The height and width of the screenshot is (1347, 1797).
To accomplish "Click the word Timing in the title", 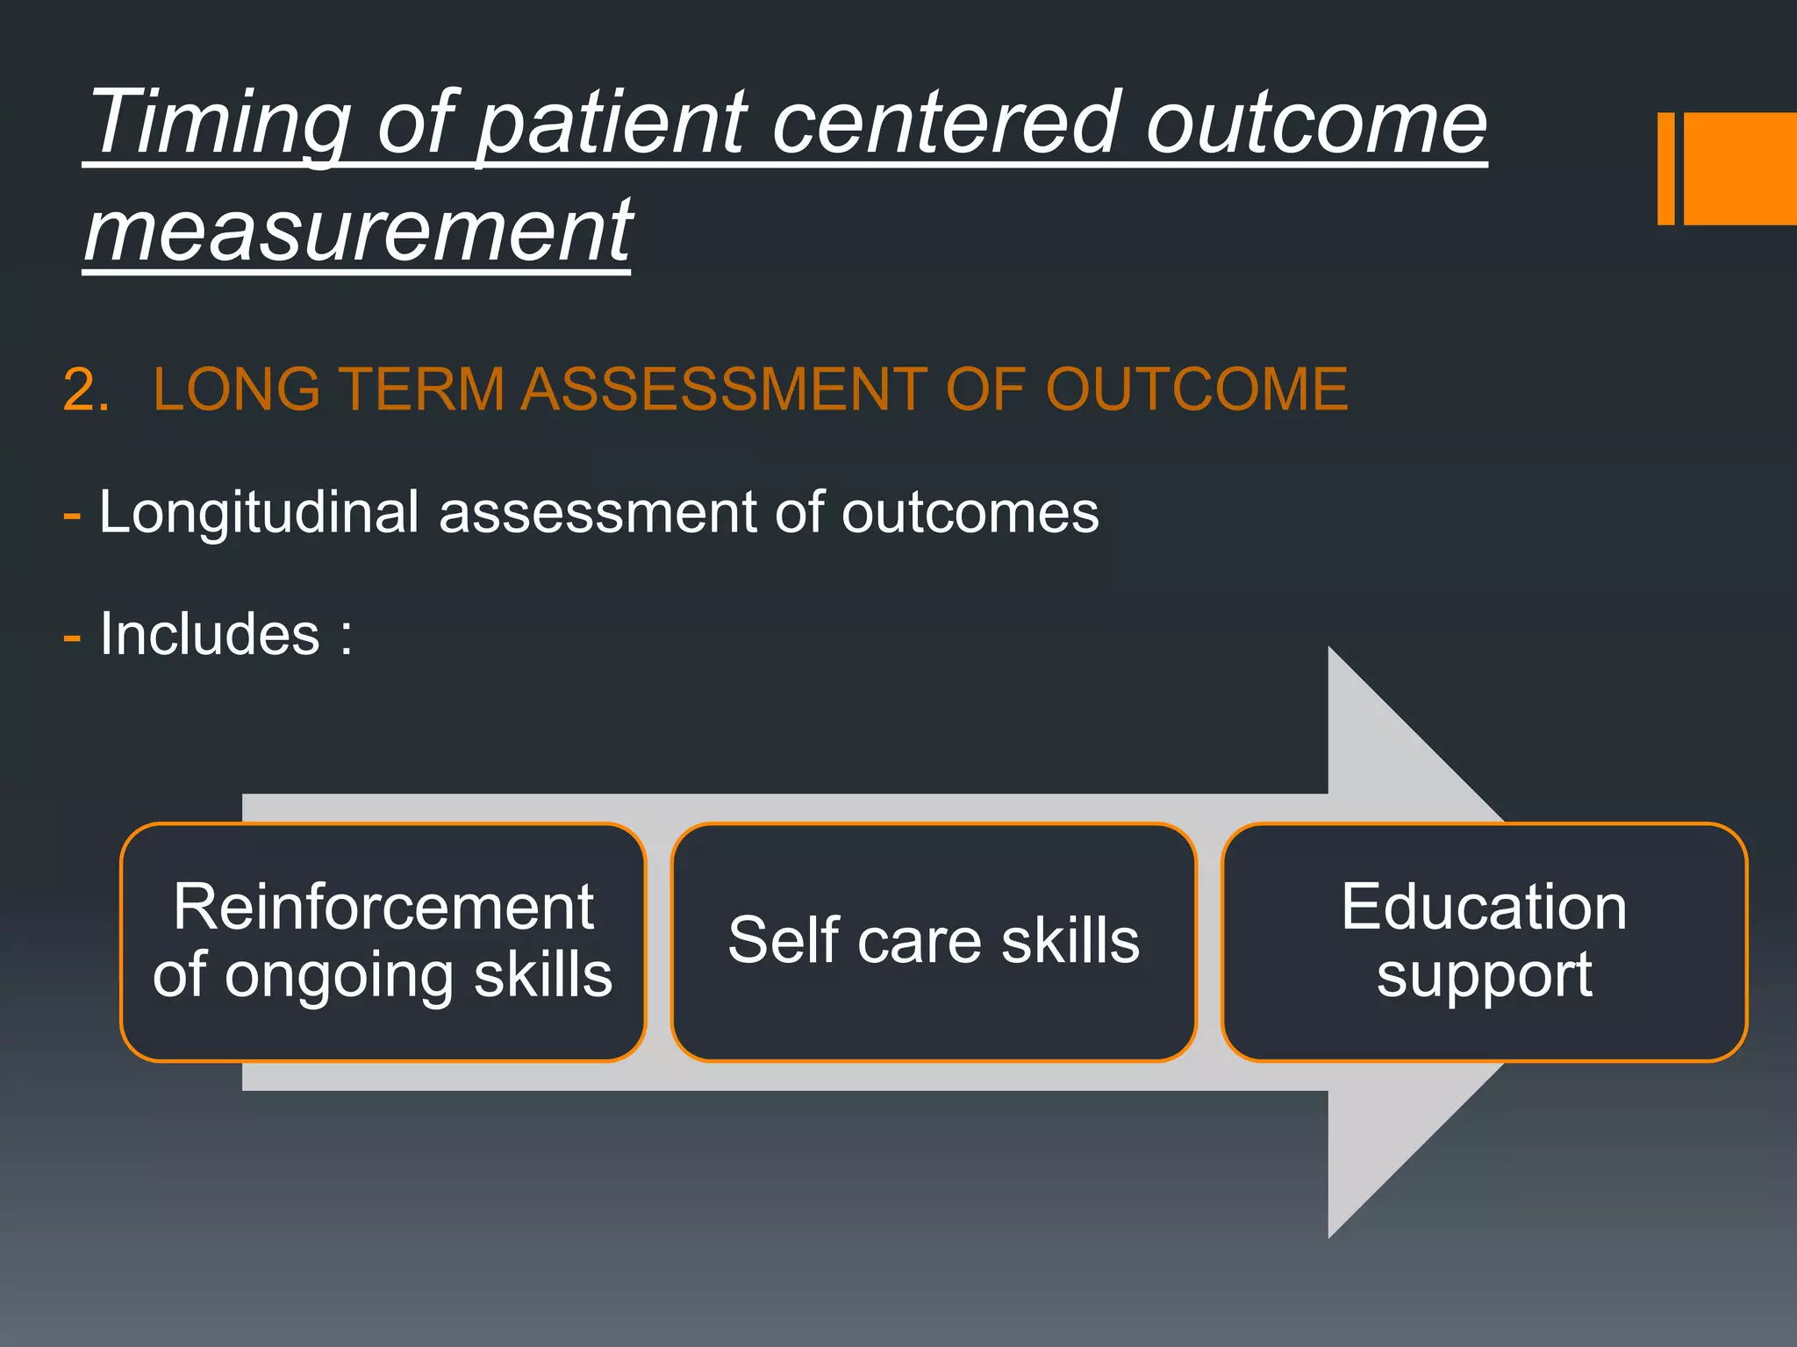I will coord(219,125).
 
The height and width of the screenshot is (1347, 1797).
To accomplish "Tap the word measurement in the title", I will coord(358,232).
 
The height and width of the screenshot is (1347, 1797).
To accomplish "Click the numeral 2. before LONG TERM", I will coord(86,390).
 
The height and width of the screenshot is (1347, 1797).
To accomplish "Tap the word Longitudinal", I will coord(259,512).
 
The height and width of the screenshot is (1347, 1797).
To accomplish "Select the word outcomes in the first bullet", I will coord(970,512).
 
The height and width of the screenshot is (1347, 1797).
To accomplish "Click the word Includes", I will coord(210,634).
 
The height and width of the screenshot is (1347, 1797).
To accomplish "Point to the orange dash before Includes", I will coord(72,638).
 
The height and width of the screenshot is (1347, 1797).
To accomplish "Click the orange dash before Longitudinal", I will coord(72,516).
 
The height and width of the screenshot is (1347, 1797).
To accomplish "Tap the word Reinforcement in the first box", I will coord(383,907).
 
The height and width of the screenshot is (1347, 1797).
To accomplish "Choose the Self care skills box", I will coord(934,941).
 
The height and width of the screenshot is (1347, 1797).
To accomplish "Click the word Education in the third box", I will coord(1484,907).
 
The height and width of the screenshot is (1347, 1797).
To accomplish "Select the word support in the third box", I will coord(1484,975).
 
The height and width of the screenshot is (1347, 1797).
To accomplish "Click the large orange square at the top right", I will coord(1739,168).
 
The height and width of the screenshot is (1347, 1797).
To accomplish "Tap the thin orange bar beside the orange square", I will coord(1665,168).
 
